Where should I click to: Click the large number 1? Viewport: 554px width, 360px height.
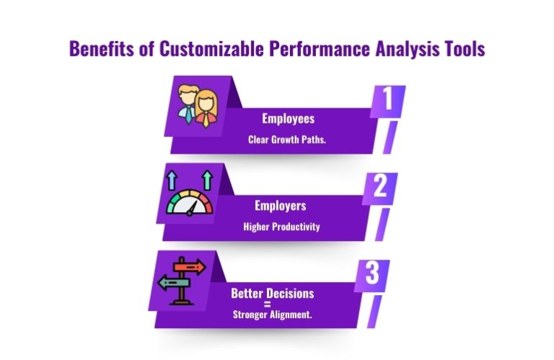387,101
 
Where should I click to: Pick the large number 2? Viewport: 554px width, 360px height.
380,188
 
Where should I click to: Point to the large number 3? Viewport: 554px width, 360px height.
372,276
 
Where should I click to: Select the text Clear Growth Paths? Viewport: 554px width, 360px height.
287,139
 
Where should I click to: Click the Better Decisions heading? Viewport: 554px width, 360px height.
273,294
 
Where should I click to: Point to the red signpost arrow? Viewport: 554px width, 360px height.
188,268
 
